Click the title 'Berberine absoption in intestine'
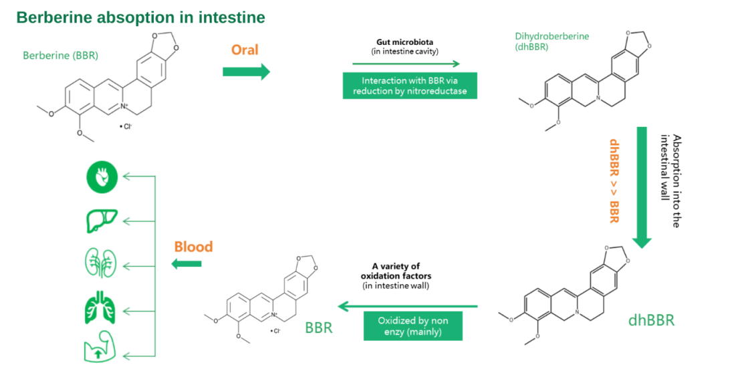tap(140, 17)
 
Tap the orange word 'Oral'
tap(245, 50)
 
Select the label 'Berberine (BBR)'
tap(60, 55)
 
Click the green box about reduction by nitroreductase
tap(410, 85)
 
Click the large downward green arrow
tap(642, 187)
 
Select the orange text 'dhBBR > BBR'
tap(614, 180)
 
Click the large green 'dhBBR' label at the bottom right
tap(651, 320)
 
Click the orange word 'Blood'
tap(193, 247)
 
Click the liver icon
tap(102, 220)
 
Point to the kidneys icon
tap(102, 263)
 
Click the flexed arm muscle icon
tap(102, 348)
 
